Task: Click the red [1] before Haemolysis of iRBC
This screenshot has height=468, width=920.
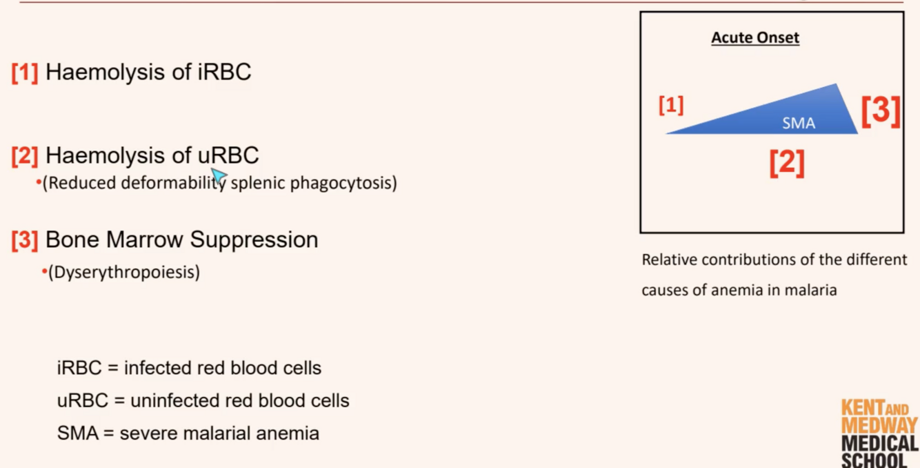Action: (x=25, y=72)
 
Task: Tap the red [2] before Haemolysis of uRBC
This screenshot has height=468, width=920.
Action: (x=25, y=156)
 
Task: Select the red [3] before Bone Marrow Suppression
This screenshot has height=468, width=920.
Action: (x=25, y=240)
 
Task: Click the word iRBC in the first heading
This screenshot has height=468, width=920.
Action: (x=224, y=72)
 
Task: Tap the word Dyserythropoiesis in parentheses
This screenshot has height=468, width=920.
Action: (x=124, y=272)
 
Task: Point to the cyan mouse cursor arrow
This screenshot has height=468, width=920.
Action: (x=219, y=177)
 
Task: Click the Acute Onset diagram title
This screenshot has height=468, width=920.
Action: (x=755, y=37)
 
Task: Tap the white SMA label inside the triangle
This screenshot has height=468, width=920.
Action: (x=799, y=123)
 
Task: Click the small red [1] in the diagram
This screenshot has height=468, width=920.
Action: (x=671, y=106)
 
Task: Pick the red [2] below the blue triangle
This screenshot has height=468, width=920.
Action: (x=787, y=162)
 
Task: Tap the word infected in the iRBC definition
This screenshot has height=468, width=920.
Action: (x=157, y=368)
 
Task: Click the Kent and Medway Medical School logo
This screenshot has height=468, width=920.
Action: (x=879, y=433)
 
